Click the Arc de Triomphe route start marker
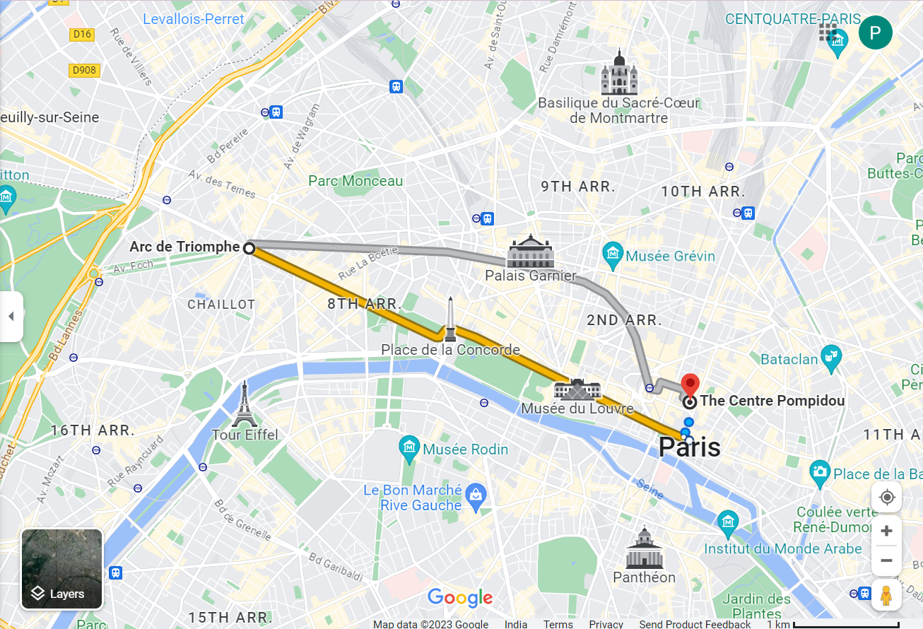click(x=249, y=248)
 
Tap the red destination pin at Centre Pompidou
click(x=690, y=385)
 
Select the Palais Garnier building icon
click(x=530, y=252)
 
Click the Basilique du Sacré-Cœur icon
click(x=619, y=72)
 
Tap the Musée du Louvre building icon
click(x=577, y=389)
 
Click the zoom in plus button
click(x=886, y=531)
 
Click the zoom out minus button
click(x=886, y=560)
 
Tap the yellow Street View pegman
click(x=886, y=595)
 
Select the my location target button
click(x=886, y=498)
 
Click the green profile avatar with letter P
click(x=875, y=33)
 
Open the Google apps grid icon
click(x=828, y=33)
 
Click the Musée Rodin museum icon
click(x=409, y=448)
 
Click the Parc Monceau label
click(x=355, y=181)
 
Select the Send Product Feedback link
click(x=695, y=624)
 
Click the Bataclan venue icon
click(x=831, y=358)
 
